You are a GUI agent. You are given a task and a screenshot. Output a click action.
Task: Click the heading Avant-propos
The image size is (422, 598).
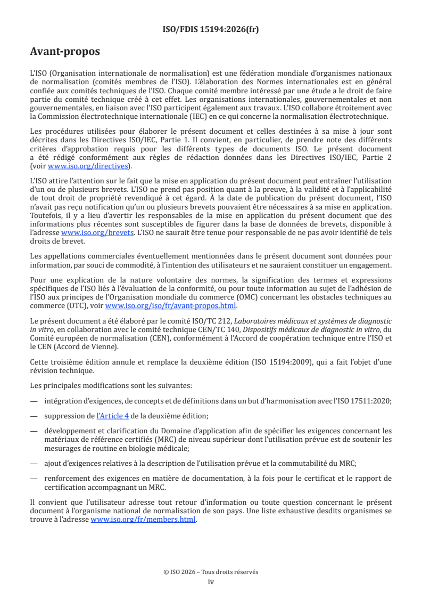pos(65,52)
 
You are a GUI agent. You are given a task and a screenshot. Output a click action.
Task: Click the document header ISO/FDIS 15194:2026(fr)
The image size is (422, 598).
pos(211,29)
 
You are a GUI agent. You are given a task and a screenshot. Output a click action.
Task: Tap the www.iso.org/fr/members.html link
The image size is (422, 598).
pos(143,520)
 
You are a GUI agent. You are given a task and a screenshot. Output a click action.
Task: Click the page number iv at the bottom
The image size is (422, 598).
pos(211,581)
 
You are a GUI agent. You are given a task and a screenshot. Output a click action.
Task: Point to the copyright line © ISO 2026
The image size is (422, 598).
pos(211,572)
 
